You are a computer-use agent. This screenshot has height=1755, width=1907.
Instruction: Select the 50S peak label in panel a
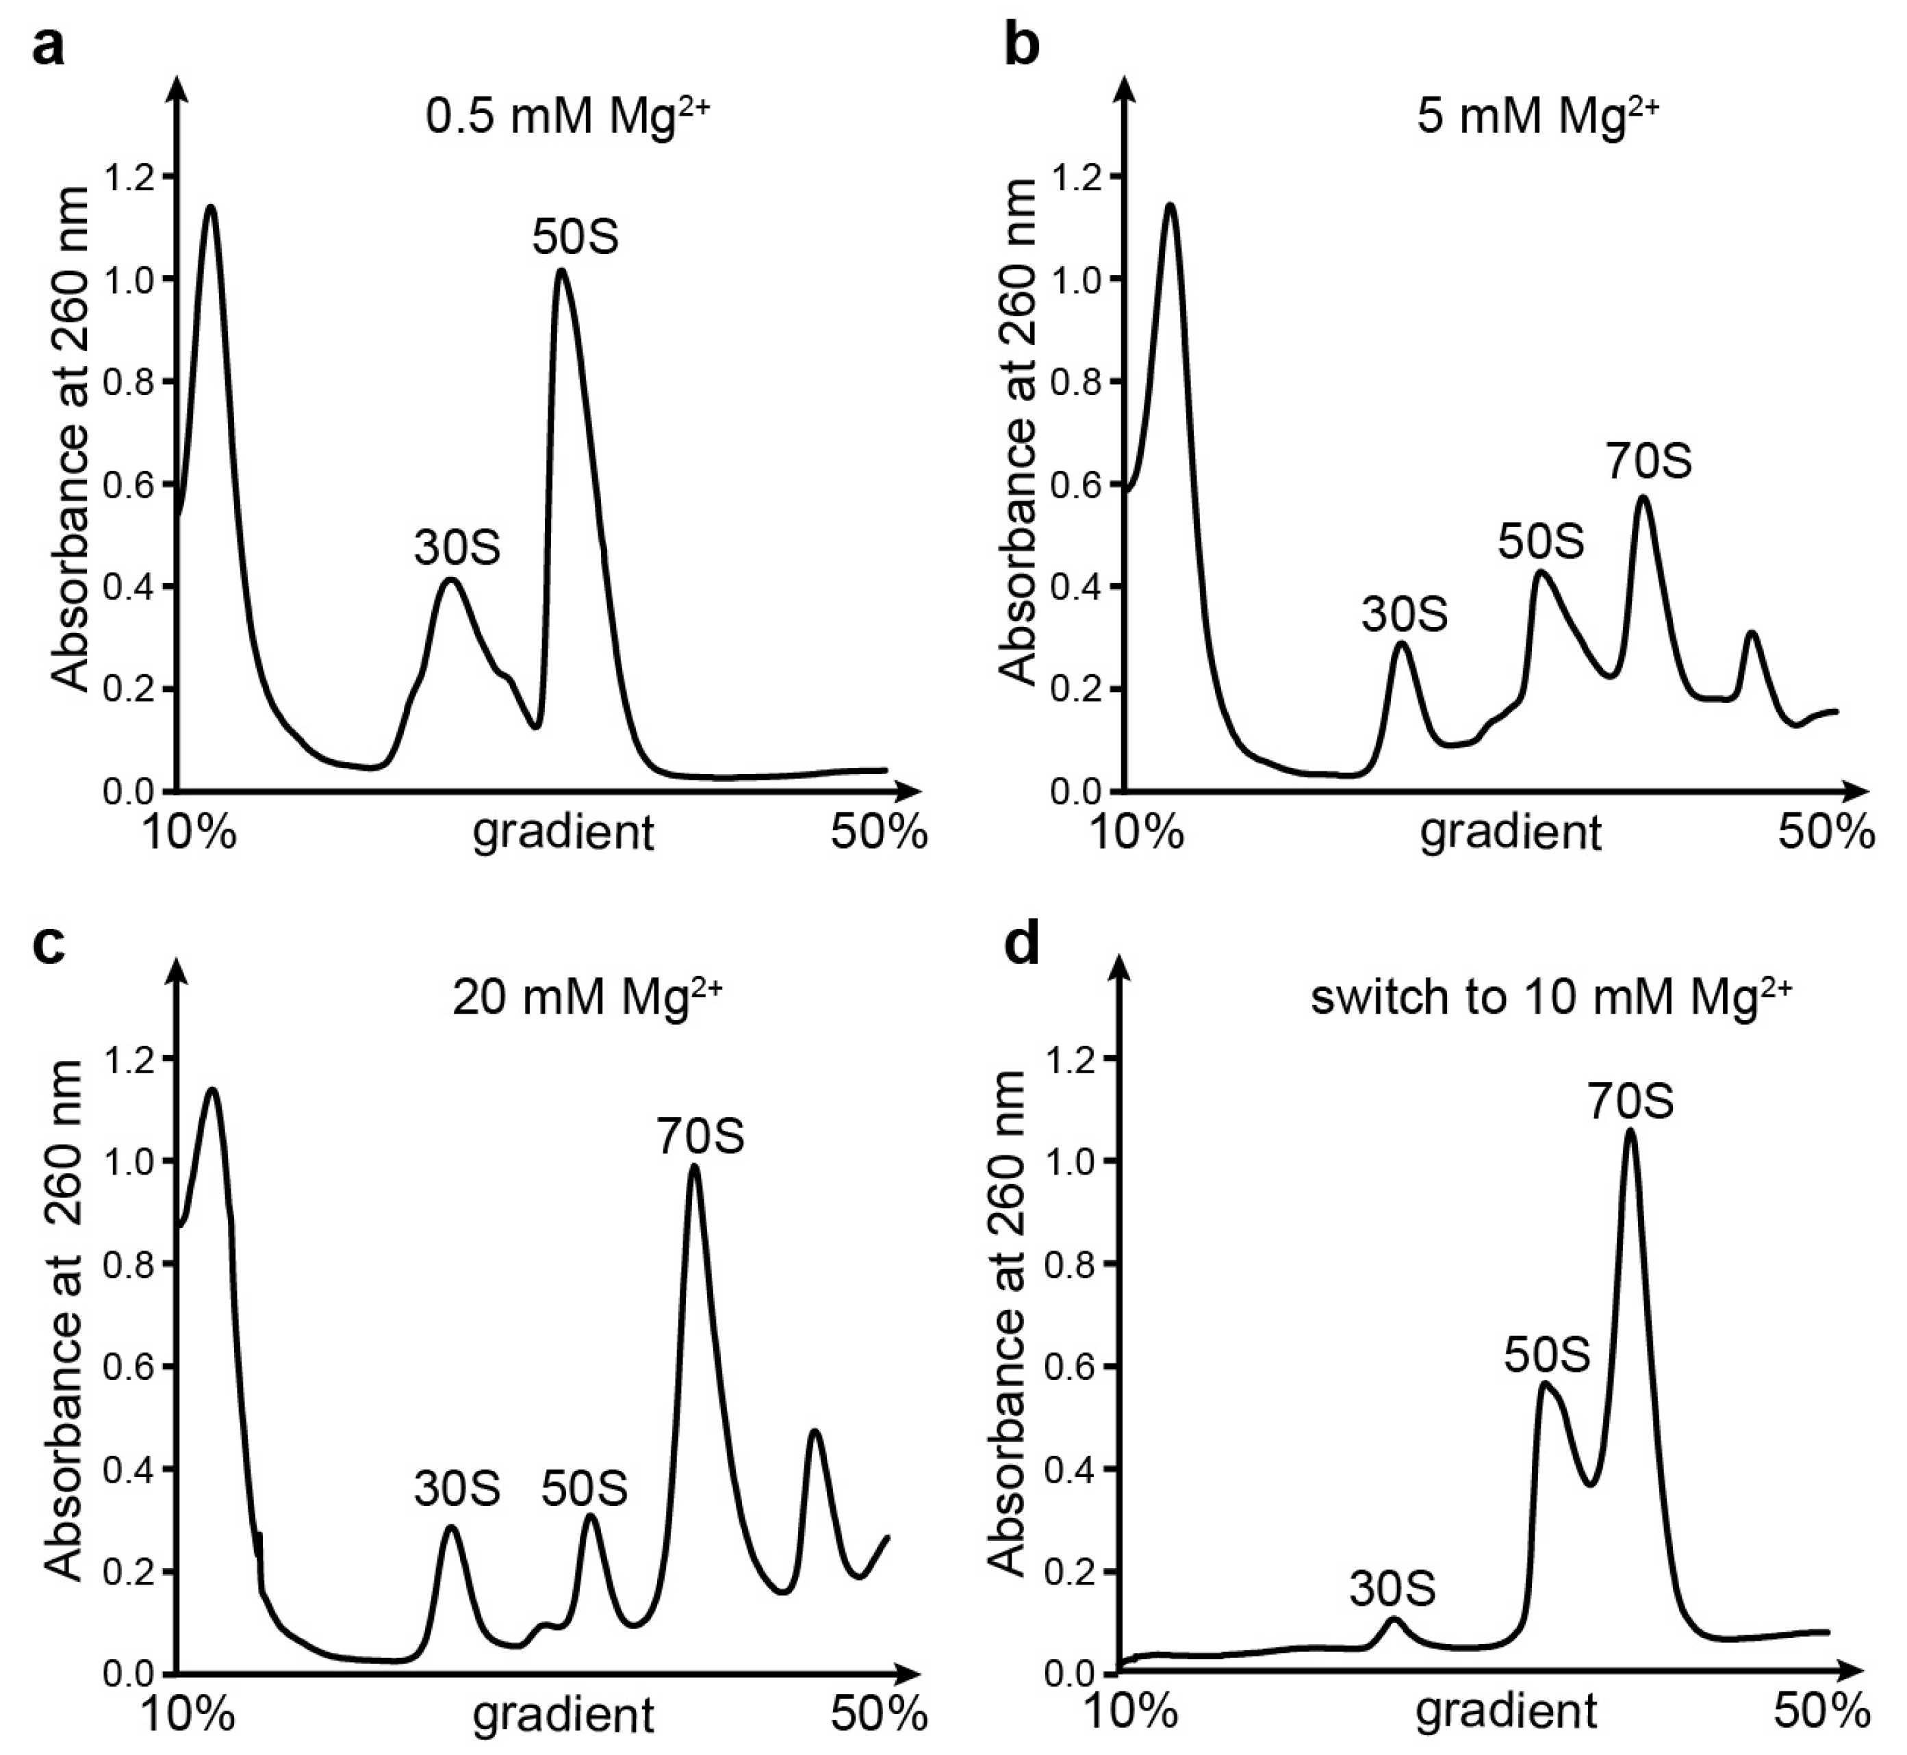[x=574, y=238]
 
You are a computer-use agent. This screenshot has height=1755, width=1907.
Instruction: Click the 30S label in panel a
[x=457, y=548]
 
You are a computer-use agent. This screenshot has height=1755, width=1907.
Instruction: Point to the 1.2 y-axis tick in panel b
[x=1079, y=177]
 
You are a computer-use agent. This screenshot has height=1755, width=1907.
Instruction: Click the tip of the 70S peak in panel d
[x=1630, y=1130]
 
